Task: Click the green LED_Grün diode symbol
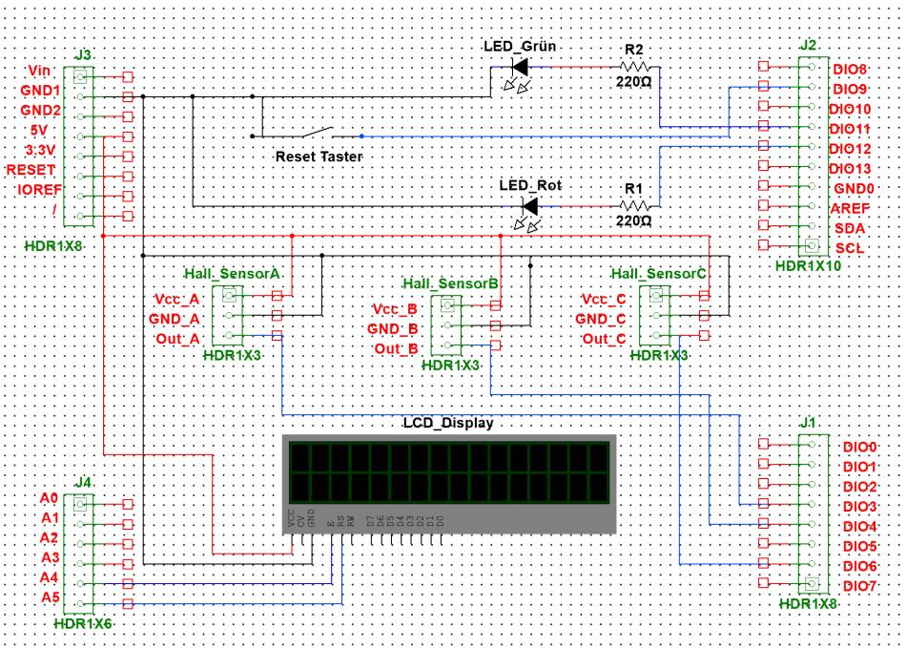pos(519,67)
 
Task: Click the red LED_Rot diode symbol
pos(530,205)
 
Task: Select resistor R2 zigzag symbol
pos(635,67)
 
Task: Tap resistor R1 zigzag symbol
pos(635,205)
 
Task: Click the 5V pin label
pos(38,129)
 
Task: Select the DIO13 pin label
pos(849,170)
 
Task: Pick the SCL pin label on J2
pos(848,248)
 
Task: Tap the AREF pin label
pos(850,209)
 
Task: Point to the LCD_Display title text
pos(449,423)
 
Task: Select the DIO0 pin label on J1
pos(859,447)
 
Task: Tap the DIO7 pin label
pos(859,585)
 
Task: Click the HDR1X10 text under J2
pos(808,266)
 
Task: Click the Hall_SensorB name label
pos(451,283)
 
